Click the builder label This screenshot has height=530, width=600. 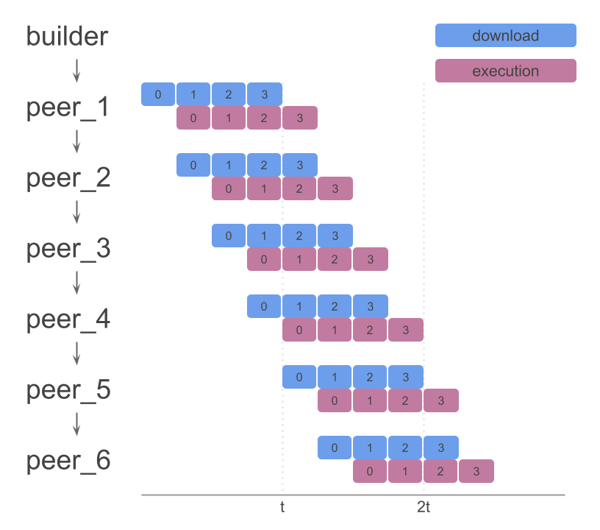(x=67, y=36)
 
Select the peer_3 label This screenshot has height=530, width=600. (x=68, y=249)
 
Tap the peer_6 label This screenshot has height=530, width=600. (x=68, y=461)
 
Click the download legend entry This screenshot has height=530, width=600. (x=505, y=35)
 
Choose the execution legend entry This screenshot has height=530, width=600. (x=505, y=71)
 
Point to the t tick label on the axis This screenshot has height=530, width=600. (x=282, y=507)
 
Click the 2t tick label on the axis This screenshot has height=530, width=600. (x=424, y=507)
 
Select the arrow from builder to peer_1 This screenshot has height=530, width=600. (x=76, y=71)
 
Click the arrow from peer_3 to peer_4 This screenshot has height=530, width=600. (x=76, y=283)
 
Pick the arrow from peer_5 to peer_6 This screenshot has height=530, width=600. (x=76, y=424)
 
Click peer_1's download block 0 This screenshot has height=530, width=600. (x=158, y=94)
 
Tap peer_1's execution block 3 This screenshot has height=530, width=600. (x=299, y=118)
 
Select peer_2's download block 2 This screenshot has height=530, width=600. (x=264, y=165)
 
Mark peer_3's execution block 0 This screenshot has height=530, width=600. (x=264, y=259)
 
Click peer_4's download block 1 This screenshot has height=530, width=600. (x=299, y=306)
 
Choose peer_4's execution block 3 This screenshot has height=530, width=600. (x=405, y=330)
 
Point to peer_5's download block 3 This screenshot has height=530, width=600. (x=405, y=377)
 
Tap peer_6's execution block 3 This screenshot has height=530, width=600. (x=476, y=471)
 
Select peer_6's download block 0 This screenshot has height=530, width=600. (x=335, y=448)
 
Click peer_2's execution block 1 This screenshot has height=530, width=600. (x=264, y=188)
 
